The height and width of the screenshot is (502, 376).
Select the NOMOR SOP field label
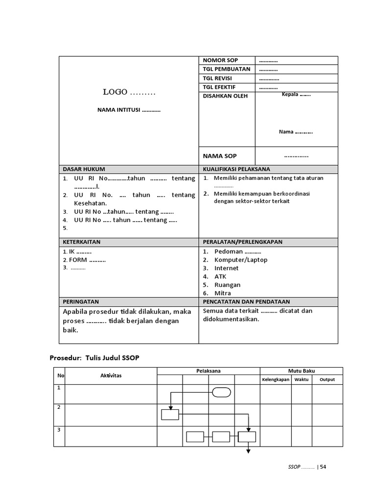221,60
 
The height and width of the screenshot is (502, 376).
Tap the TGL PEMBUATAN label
227,69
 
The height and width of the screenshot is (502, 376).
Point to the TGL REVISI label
217,78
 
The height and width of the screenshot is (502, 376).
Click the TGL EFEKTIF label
219,87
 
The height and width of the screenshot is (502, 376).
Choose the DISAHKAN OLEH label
225,96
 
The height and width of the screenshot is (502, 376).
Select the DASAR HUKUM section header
84,169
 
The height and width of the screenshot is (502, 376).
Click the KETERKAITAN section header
81,242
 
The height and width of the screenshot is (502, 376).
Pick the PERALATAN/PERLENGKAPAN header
242,242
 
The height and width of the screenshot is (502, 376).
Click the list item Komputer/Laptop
241,260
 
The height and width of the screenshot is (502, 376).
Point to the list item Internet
226,268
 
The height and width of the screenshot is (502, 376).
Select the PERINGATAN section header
81,302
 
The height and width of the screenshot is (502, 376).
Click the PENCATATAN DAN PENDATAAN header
246,302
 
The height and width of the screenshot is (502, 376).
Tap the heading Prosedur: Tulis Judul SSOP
94,358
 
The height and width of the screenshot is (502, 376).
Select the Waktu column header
302,379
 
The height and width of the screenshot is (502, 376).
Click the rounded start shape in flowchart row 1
221,392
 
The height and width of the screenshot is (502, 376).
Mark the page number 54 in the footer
323,467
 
